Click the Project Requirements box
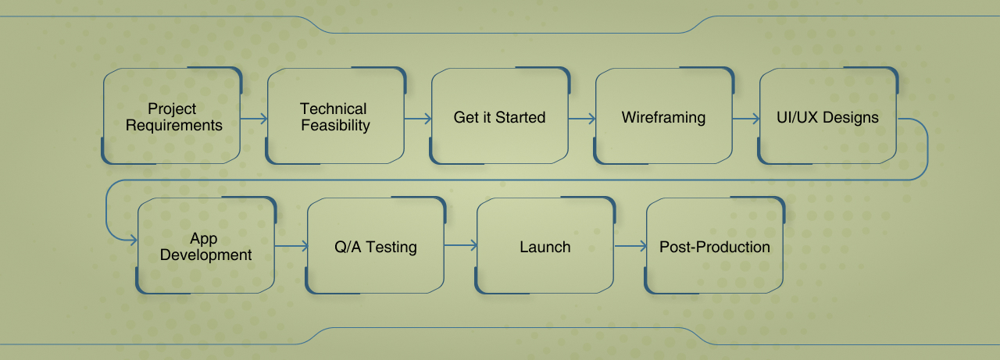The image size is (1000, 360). (x=172, y=116)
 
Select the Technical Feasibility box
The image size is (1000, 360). (x=336, y=116)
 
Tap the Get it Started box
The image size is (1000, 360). (x=500, y=116)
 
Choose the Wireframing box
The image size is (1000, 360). (x=664, y=116)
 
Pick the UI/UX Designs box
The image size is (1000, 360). (x=827, y=116)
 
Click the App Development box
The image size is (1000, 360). (x=206, y=245)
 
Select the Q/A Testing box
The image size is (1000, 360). (x=376, y=245)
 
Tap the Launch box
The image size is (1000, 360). (x=545, y=245)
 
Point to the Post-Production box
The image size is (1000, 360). (x=715, y=245)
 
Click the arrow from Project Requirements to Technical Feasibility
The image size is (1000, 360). (x=254, y=119)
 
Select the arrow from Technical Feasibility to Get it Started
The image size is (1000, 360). (x=418, y=119)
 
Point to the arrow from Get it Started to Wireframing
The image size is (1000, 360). (x=582, y=119)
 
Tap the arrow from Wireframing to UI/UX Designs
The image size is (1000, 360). (x=746, y=119)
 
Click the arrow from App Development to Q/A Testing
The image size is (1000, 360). (x=291, y=246)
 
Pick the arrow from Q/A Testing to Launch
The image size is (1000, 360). (x=461, y=245)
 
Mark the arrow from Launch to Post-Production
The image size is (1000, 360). (x=630, y=246)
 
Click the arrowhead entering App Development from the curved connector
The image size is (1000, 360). (x=133, y=241)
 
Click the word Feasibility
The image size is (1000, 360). (x=335, y=126)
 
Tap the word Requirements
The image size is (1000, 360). (x=174, y=126)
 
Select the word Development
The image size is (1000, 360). (x=205, y=255)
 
